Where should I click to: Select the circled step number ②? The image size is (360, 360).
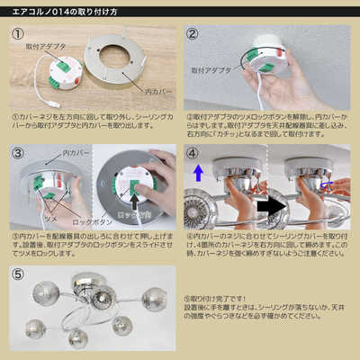pyautogui.click(x=192, y=34)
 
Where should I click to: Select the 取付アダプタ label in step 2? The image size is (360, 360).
pyautogui.click(x=210, y=69)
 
